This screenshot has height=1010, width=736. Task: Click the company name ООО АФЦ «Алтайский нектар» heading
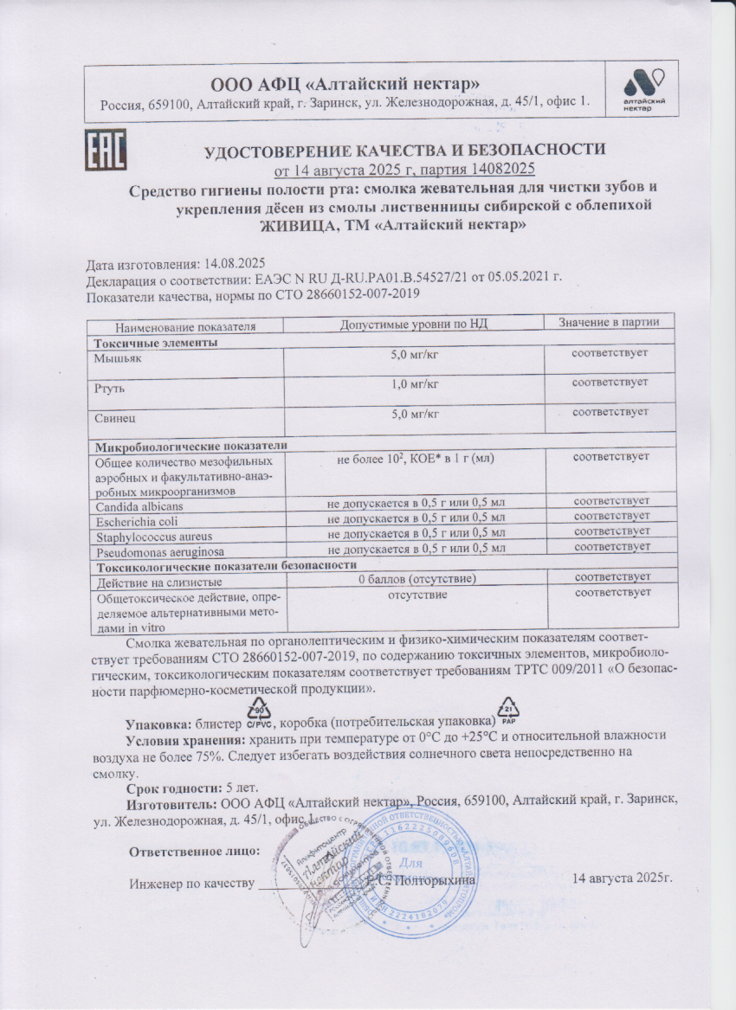345,84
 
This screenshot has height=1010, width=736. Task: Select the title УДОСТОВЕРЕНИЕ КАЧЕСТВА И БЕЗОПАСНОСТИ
404,150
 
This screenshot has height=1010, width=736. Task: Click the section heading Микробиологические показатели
190,445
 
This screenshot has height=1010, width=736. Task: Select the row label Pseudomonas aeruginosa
150,551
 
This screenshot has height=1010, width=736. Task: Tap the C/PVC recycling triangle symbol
259,716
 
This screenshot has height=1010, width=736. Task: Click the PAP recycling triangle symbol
509,713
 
